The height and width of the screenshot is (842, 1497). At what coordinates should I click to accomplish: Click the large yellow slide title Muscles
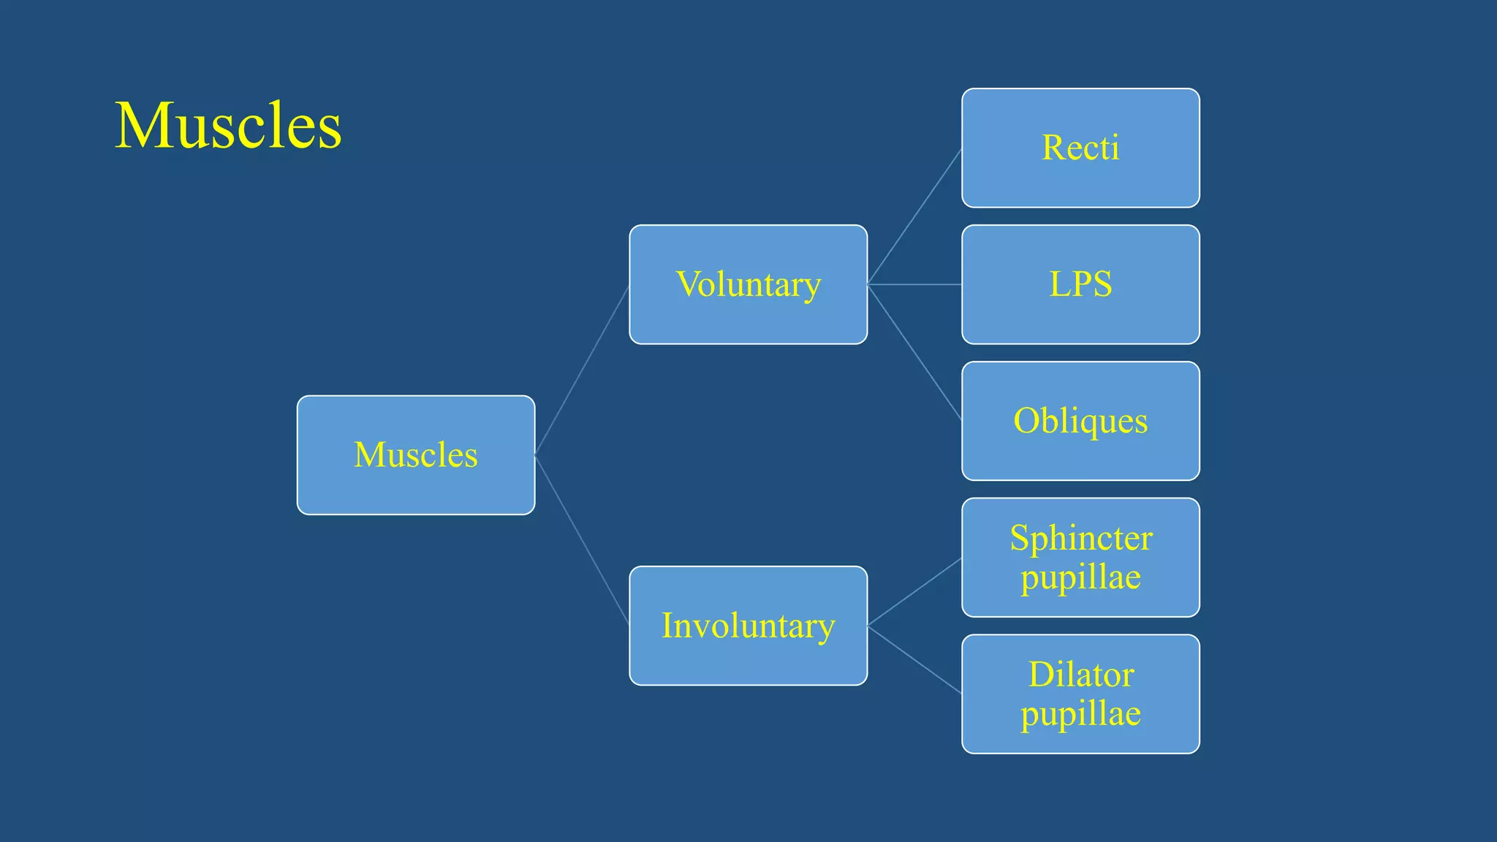(x=228, y=126)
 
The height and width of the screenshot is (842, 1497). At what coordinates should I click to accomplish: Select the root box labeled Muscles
(x=416, y=455)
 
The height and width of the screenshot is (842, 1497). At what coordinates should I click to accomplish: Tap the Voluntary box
(x=748, y=284)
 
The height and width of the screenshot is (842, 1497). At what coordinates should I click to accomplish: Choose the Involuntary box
(x=748, y=626)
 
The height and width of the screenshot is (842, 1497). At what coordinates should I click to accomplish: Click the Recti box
(x=1080, y=148)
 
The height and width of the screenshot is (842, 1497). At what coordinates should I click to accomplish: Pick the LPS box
(x=1080, y=284)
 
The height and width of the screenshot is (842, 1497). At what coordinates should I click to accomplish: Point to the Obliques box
(x=1080, y=421)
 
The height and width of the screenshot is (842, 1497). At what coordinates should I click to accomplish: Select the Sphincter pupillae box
(x=1080, y=557)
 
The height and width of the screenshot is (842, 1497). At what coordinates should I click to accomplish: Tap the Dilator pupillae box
(x=1080, y=694)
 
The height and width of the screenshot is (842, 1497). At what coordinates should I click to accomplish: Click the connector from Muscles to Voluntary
(x=582, y=370)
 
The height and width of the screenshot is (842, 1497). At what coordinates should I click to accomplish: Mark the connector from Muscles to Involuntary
(x=582, y=540)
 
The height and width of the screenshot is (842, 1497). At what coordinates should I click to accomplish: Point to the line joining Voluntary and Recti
(x=914, y=216)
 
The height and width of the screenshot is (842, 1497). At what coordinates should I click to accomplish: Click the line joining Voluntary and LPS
(x=914, y=284)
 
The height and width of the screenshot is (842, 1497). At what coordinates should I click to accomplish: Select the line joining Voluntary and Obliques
(x=914, y=352)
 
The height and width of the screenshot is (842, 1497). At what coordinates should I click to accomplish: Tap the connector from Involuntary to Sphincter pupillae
(x=914, y=592)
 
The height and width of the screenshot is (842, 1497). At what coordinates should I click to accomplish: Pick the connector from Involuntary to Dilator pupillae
(x=914, y=659)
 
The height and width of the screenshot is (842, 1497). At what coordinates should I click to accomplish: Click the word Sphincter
(x=1081, y=539)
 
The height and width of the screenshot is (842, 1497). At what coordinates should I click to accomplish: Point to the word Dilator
(x=1081, y=675)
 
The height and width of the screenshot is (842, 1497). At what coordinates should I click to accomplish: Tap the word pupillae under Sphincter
(x=1080, y=577)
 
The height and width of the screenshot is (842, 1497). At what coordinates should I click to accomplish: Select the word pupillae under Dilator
(x=1080, y=714)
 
